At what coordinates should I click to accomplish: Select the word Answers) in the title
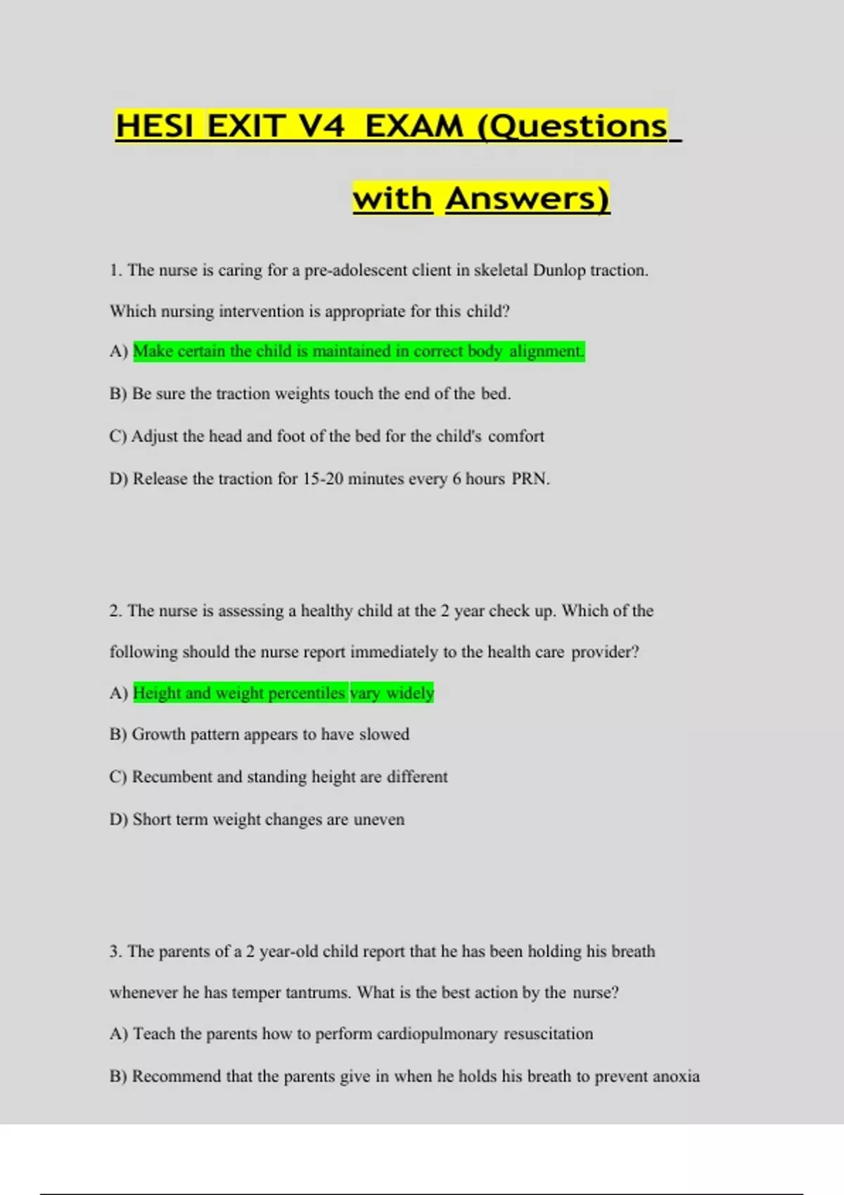527,199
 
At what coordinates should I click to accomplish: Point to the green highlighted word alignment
546,351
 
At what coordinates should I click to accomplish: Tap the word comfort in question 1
516,437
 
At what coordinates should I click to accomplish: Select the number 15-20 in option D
323,479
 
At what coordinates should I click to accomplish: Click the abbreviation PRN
530,479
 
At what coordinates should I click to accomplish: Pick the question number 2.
116,611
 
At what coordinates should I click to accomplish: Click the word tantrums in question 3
318,993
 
